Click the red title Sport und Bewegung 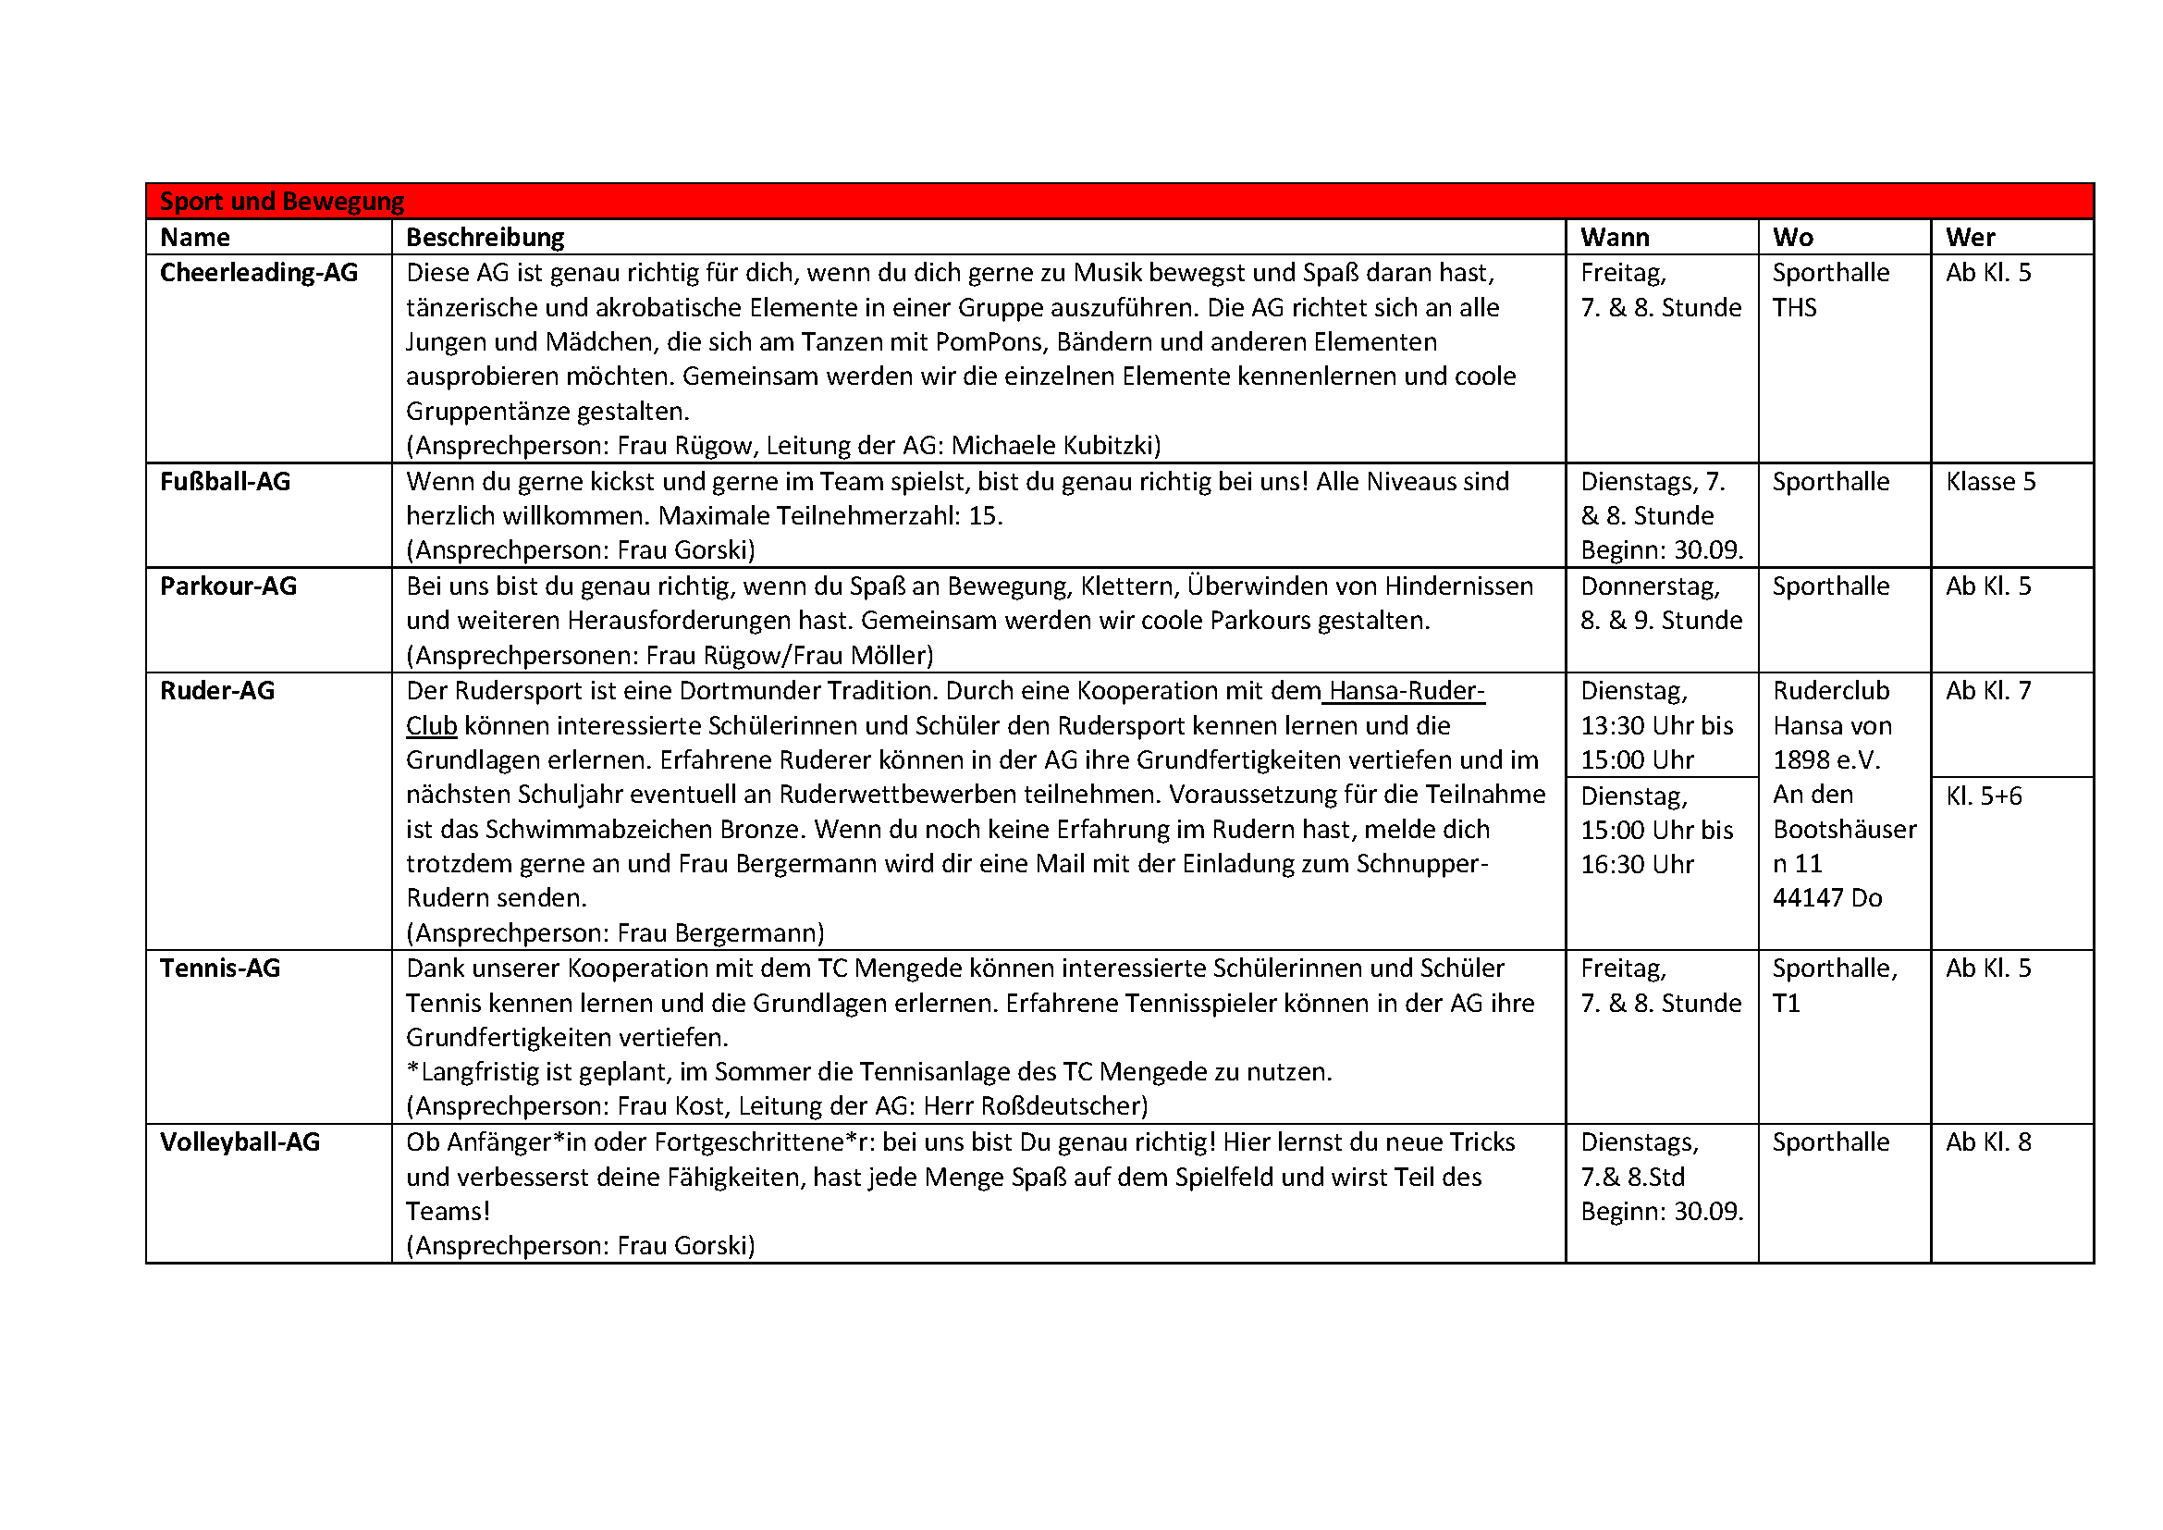[282, 202]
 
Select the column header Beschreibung [485, 238]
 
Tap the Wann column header [1615, 238]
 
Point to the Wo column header [1793, 238]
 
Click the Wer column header [1970, 238]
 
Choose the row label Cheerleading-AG [259, 273]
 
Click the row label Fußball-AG [225, 482]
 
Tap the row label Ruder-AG [217, 692]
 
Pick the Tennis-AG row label [220, 969]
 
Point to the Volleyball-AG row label [240, 1142]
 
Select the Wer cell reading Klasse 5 [1991, 482]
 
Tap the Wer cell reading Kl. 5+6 [1984, 797]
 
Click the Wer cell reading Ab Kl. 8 [1989, 1142]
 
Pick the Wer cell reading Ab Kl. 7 [1989, 692]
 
